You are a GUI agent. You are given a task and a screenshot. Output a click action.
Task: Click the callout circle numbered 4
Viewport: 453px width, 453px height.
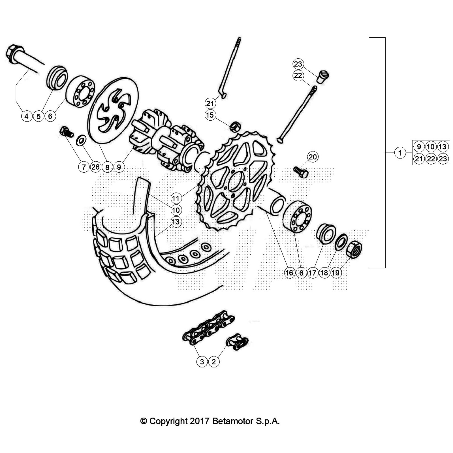click(x=27, y=116)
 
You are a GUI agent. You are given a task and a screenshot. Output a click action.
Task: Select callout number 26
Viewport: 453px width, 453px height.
click(x=95, y=167)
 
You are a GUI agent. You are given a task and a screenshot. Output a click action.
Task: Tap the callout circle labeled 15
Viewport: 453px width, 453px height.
click(x=210, y=115)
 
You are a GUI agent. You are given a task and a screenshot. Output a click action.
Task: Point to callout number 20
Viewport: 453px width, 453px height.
click(x=313, y=157)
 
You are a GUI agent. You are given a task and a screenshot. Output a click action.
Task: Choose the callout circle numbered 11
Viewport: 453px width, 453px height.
click(x=176, y=198)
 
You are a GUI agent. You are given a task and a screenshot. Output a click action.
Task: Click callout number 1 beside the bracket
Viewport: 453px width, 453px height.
click(x=400, y=153)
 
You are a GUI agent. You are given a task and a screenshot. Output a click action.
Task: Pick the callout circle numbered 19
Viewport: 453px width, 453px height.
click(x=336, y=273)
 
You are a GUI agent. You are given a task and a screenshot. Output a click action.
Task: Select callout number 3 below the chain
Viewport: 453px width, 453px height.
click(x=202, y=362)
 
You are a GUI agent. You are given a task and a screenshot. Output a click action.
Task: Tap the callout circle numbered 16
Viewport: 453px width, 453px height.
click(x=289, y=273)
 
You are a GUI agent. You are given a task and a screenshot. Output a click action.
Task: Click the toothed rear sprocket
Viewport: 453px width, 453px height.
click(x=235, y=181)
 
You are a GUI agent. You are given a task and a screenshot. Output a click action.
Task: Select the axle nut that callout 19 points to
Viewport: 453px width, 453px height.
click(x=354, y=249)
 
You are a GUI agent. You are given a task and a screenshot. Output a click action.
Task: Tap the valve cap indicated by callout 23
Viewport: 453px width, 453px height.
click(x=323, y=77)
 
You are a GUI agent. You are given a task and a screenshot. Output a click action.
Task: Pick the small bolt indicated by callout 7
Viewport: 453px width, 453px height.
click(x=66, y=132)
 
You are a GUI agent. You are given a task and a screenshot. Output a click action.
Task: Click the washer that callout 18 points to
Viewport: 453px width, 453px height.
click(x=341, y=242)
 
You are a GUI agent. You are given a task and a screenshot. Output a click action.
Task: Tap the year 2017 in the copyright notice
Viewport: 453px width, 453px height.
click(x=200, y=421)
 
